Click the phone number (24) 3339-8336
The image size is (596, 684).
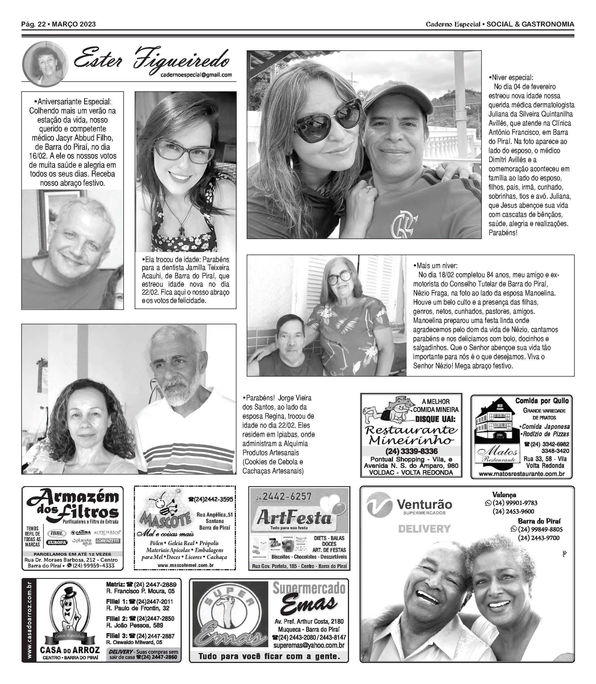pyautogui.click(x=412, y=452)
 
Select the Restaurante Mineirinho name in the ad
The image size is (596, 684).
pyautogui.click(x=412, y=435)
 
